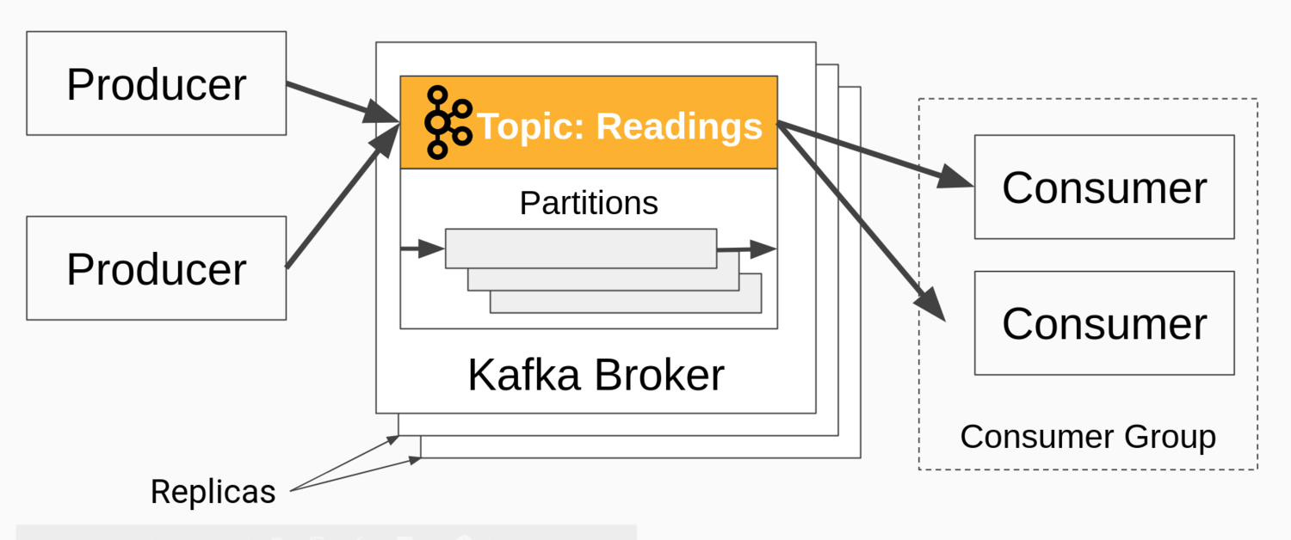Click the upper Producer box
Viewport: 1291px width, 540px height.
point(156,83)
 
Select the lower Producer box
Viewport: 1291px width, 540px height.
point(156,268)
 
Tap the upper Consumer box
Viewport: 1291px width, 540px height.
point(1104,187)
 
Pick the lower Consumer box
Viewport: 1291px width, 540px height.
point(1104,323)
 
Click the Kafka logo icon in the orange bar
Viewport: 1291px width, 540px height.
point(448,122)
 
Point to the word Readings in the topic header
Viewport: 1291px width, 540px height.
point(680,126)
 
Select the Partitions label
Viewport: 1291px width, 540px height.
point(589,203)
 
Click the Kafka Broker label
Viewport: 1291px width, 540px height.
point(596,375)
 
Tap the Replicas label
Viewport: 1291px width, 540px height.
point(213,492)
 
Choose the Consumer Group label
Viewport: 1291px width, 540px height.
point(1088,436)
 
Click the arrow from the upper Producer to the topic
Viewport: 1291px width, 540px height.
point(341,102)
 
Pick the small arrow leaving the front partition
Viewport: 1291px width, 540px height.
point(745,249)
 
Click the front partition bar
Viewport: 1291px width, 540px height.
point(581,249)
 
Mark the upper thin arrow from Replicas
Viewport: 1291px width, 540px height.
point(344,464)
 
